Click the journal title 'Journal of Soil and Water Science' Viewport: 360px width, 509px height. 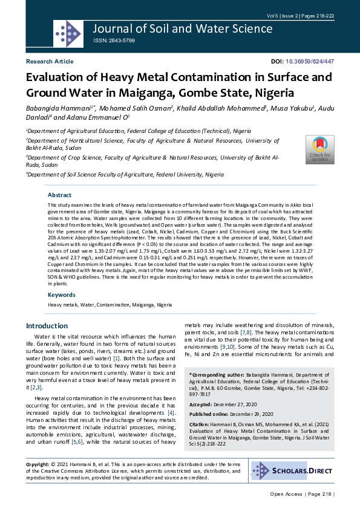183,28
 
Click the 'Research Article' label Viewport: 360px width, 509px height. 50,62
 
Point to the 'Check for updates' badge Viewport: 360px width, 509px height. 319,149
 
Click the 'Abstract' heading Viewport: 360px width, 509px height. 60,195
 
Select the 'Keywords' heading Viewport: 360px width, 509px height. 62,295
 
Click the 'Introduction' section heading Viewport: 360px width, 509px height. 47,326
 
